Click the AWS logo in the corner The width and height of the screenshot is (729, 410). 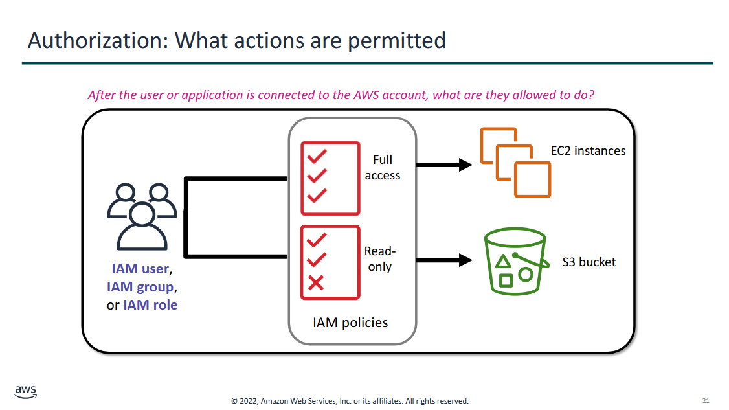pos(25,392)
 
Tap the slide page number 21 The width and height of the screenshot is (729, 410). pos(706,400)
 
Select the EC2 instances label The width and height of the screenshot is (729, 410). pos(588,151)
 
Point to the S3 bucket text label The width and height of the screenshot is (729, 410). pos(589,262)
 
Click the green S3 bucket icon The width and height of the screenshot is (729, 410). pos(515,261)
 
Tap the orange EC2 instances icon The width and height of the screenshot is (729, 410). pos(515,163)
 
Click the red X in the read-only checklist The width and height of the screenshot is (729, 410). pos(316,282)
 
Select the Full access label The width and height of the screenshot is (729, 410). pos(383,168)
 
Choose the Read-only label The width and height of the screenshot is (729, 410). pos(380,258)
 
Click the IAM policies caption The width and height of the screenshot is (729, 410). pos(350,323)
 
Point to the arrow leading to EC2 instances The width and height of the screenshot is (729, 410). pos(445,165)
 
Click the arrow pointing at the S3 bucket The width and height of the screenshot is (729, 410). pos(445,260)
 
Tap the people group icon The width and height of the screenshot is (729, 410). pos(142,217)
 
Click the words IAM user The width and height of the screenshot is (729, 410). pos(140,269)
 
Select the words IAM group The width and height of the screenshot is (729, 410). pos(140,287)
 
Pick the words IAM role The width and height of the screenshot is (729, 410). pos(150,305)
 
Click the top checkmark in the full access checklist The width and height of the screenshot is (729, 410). pos(317,156)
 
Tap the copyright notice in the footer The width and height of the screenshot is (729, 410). pos(350,401)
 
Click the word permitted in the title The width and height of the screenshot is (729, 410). pos(397,41)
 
